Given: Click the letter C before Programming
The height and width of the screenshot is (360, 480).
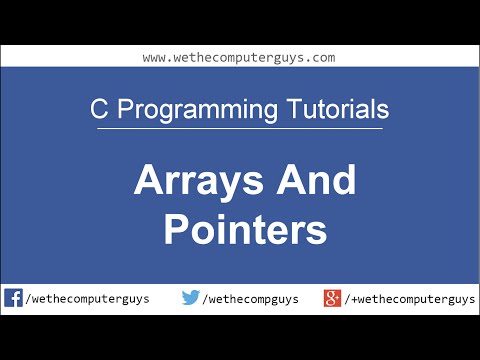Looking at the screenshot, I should click(x=97, y=108).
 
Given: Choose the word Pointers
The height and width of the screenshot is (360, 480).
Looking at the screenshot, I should click(x=245, y=231).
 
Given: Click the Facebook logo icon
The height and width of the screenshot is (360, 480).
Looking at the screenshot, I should click(x=14, y=298).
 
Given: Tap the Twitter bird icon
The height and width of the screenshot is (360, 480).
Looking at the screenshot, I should click(x=191, y=298).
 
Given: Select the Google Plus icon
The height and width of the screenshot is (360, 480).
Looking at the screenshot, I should click(x=333, y=298).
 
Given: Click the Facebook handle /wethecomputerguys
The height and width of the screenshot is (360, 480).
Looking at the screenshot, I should click(x=89, y=299).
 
